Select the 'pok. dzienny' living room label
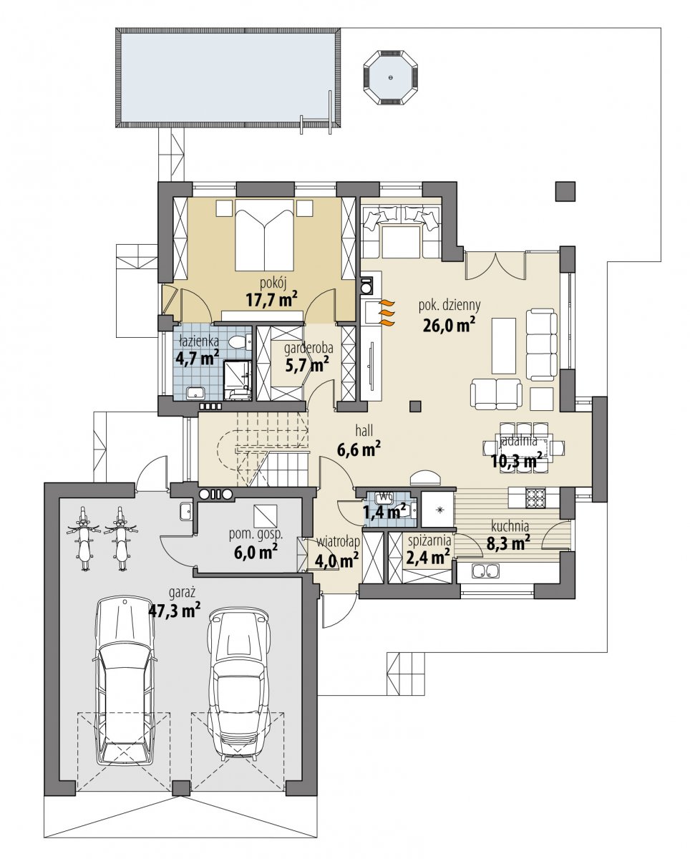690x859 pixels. click(450, 306)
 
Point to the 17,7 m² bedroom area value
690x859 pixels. click(272, 300)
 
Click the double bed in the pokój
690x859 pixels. click(265, 234)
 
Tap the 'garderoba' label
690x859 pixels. click(308, 349)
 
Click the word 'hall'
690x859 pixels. click(364, 430)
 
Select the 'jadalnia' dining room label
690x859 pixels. click(518, 441)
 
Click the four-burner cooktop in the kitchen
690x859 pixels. click(537, 498)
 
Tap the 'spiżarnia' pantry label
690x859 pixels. click(429, 540)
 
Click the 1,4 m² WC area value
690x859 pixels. click(384, 511)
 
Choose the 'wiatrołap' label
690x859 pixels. click(338, 542)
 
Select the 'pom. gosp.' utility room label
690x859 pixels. click(256, 535)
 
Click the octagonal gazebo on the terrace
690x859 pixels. click(391, 78)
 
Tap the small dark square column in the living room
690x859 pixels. click(415, 406)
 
